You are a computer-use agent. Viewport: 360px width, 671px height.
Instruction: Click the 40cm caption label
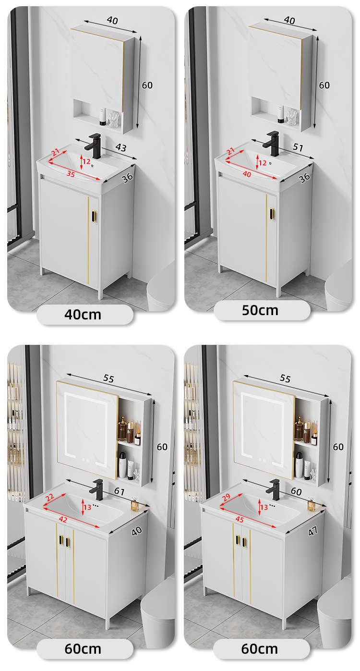tap(83, 315)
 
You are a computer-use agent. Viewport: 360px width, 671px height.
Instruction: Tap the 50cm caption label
tap(260, 310)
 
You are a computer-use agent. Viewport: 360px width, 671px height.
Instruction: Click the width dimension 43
tap(121, 147)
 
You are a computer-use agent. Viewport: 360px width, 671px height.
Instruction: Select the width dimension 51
tap(298, 147)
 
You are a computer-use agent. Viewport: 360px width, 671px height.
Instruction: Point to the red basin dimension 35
tap(71, 174)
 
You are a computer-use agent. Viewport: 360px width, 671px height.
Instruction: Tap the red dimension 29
tap(227, 497)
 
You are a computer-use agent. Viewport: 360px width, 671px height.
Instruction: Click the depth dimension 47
tap(312, 531)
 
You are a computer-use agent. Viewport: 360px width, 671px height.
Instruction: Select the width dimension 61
tap(119, 491)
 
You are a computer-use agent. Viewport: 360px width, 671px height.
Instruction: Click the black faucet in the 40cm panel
tap(94, 146)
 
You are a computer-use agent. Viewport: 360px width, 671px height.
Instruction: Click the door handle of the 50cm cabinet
tap(271, 214)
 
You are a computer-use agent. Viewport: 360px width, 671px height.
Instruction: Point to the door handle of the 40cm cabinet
tap(94, 217)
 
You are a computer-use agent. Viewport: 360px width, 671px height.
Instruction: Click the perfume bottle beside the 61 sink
tap(135, 503)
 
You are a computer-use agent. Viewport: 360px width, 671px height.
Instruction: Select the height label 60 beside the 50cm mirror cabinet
tap(324, 85)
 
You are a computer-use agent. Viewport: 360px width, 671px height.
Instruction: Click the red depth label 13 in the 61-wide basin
tap(87, 507)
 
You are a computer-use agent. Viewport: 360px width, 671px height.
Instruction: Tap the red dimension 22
tap(49, 497)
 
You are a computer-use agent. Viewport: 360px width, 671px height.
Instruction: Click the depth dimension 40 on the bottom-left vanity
tap(136, 531)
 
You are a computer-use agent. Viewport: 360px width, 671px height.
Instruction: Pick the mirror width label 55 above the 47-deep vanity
tap(285, 378)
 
